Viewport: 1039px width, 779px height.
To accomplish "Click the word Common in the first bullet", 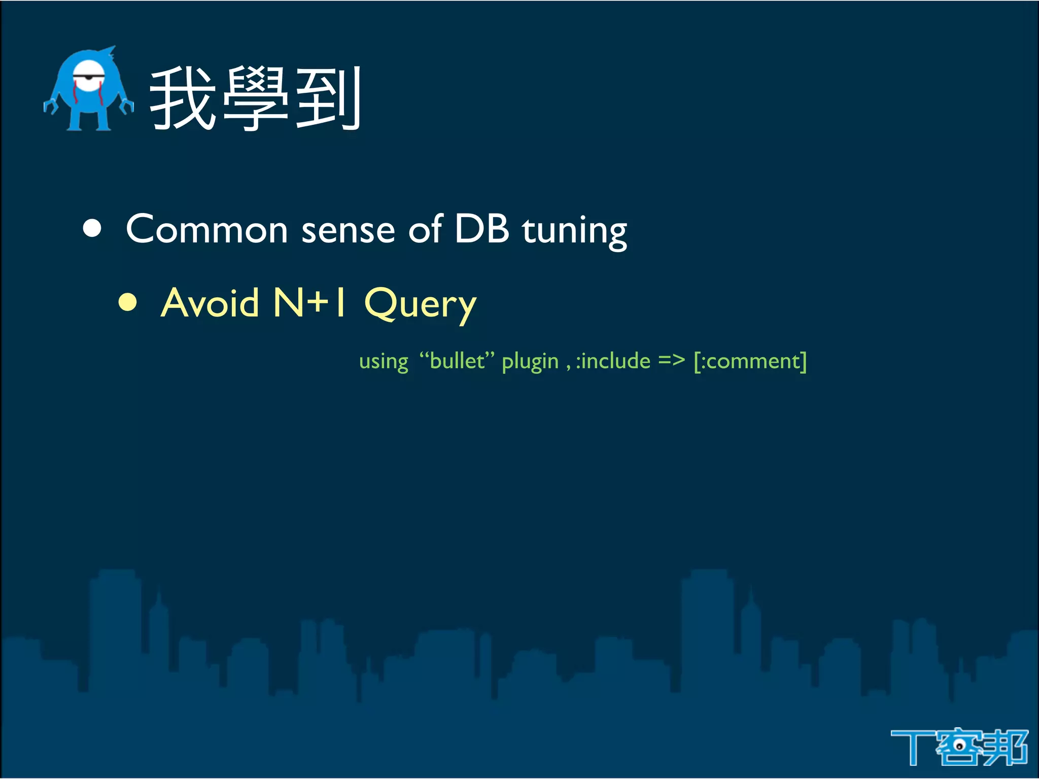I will [207, 229].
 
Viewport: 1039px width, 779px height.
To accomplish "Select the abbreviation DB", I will [481, 228].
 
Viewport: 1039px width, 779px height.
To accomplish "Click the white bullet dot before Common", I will [92, 228].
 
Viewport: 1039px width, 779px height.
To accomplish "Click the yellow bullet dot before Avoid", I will [128, 302].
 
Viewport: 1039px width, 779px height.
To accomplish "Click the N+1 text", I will [310, 302].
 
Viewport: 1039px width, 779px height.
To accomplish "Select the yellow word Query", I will [420, 304].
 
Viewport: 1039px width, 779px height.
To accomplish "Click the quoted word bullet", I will [457, 361].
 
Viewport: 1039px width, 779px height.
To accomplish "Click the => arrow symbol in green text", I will [671, 361].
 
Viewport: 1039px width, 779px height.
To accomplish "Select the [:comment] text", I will [750, 361].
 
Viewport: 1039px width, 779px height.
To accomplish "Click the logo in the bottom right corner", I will [959, 747].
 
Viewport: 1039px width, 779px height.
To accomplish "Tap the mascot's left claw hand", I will [51, 106].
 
